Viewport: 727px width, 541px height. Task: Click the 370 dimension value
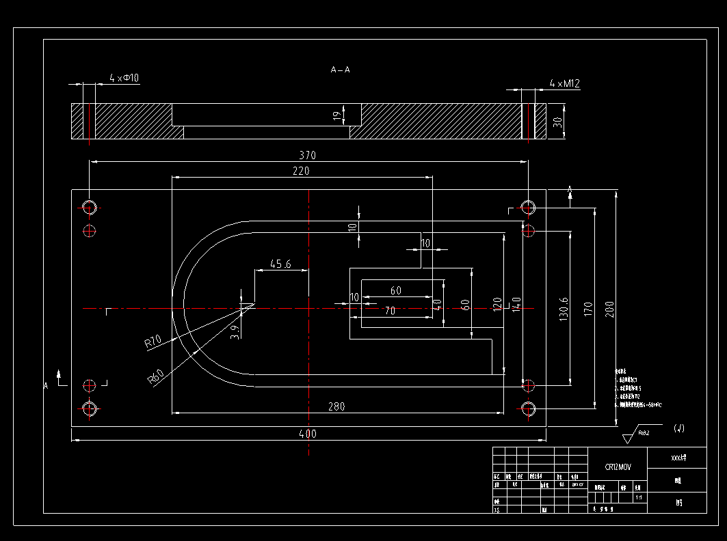[x=308, y=155]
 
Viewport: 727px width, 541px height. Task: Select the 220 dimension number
[x=301, y=171]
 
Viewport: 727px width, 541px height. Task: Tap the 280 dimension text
[x=336, y=406]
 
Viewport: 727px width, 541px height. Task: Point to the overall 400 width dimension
[x=308, y=434]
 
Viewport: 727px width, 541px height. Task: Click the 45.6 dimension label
[x=280, y=264]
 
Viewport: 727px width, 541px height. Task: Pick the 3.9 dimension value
[x=236, y=332]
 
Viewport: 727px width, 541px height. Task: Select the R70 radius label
[x=153, y=342]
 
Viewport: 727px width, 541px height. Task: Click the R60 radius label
[x=157, y=377]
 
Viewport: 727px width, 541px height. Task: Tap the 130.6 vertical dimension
[x=564, y=309]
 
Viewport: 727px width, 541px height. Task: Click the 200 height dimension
[x=611, y=309]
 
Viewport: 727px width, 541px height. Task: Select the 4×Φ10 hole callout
[x=124, y=79]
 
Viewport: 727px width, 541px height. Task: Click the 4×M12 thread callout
[x=564, y=84]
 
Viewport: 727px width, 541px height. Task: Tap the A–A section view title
[x=340, y=70]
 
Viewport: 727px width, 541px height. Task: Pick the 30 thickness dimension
[x=557, y=122]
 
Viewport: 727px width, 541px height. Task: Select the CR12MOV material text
[x=618, y=467]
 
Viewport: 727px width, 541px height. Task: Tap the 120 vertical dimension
[x=497, y=304]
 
